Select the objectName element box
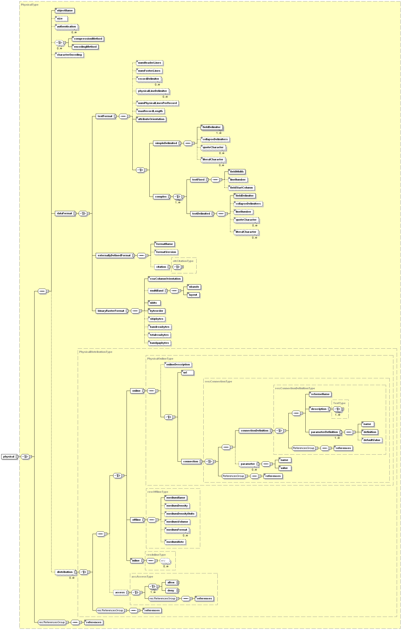(65, 11)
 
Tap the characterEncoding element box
(69, 55)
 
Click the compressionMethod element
(88, 39)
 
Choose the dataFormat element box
(64, 214)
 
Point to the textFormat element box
(105, 116)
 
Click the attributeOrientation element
(151, 119)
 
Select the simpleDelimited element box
(166, 143)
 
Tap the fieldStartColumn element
(241, 188)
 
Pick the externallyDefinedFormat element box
(114, 256)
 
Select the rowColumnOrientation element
(165, 279)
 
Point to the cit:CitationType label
(183, 261)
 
